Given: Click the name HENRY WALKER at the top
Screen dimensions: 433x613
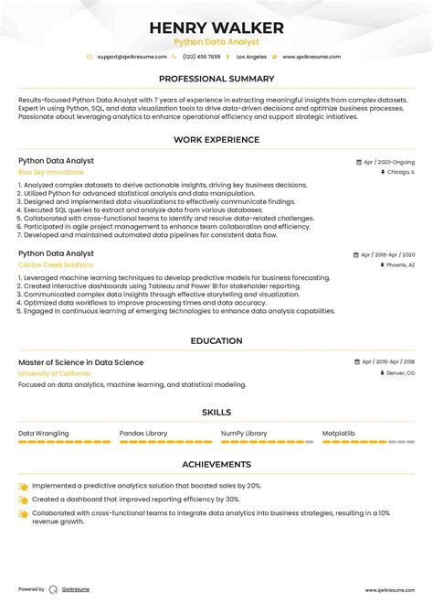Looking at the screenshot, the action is [216, 27].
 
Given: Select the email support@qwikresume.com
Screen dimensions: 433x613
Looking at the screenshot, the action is [132, 57].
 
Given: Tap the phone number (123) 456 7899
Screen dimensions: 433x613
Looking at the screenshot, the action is [201, 57].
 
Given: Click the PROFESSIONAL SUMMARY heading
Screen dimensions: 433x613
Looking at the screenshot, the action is [216, 79].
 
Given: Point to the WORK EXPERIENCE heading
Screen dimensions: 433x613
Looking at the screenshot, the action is [216, 140].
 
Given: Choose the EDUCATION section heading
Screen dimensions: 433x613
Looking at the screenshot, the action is [216, 341].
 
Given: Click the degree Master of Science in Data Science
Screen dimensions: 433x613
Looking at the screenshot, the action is [80, 362].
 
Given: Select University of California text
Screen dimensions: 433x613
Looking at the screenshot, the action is [54, 373].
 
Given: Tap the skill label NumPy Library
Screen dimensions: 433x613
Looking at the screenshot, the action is [244, 433].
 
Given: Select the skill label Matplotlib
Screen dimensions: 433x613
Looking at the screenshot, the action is [338, 433].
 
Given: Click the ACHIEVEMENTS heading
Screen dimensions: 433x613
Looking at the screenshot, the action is [216, 465].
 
